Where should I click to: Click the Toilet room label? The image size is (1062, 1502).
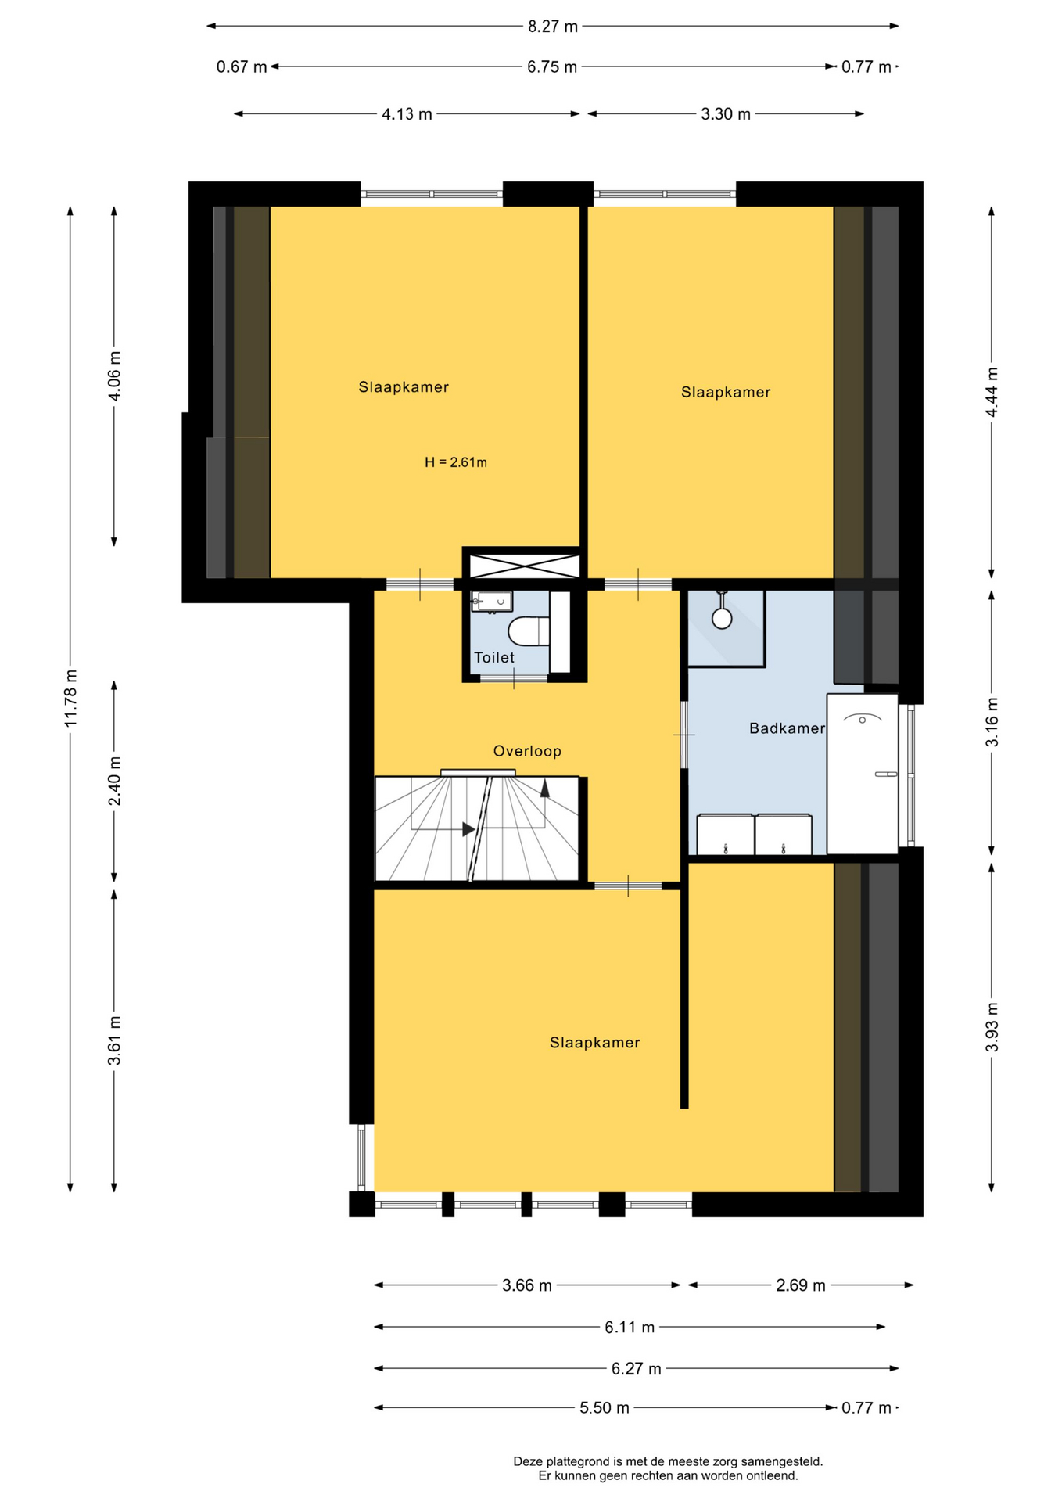[x=494, y=658]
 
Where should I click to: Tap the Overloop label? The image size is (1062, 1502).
[x=527, y=751]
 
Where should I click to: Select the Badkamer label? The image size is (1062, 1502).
[x=787, y=728]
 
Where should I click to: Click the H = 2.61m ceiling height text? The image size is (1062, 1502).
[x=456, y=462]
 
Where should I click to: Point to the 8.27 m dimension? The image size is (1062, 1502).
[x=553, y=27]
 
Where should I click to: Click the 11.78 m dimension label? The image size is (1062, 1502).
[x=71, y=698]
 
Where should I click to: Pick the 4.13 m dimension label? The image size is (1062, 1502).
[x=407, y=114]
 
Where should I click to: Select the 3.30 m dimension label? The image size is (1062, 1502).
[x=726, y=114]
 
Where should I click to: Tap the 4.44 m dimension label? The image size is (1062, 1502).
[x=992, y=393]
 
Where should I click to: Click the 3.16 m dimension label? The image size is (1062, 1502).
[x=992, y=721]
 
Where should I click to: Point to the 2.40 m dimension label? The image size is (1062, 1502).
[x=115, y=780]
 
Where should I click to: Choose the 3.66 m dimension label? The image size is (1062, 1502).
[x=527, y=1285]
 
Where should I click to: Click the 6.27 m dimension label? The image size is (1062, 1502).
[x=636, y=1369]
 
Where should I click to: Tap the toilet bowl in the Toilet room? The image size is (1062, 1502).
[x=529, y=631]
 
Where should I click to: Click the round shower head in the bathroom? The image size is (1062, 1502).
[x=722, y=618]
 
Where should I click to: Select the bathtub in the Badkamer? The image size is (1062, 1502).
[x=863, y=774]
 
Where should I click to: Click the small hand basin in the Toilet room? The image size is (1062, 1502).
[x=492, y=602]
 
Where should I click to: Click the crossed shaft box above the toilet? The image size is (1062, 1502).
[x=522, y=565]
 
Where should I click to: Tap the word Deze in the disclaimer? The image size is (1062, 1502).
[x=528, y=1461]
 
